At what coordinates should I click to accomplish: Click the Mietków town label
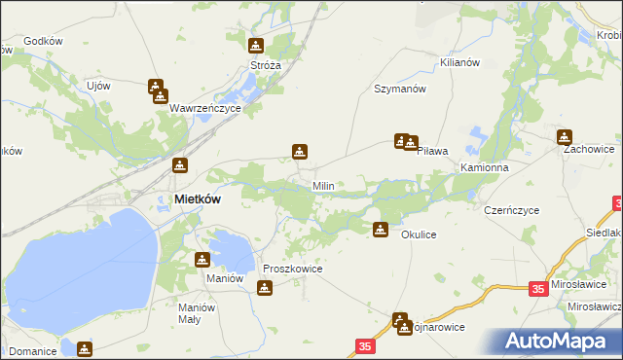click(197, 198)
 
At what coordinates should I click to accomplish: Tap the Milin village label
click(323, 185)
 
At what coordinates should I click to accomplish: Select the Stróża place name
click(266, 65)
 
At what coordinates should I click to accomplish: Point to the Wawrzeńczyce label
click(204, 109)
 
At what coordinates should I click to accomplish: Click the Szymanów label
click(401, 89)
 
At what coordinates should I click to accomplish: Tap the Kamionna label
click(485, 167)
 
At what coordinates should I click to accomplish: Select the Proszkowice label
click(293, 269)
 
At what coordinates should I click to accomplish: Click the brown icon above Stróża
click(255, 46)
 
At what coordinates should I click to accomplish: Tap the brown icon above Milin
click(300, 152)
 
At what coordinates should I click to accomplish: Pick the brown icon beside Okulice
click(381, 231)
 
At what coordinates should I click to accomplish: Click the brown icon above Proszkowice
click(264, 288)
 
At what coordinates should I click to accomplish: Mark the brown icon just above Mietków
click(179, 165)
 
